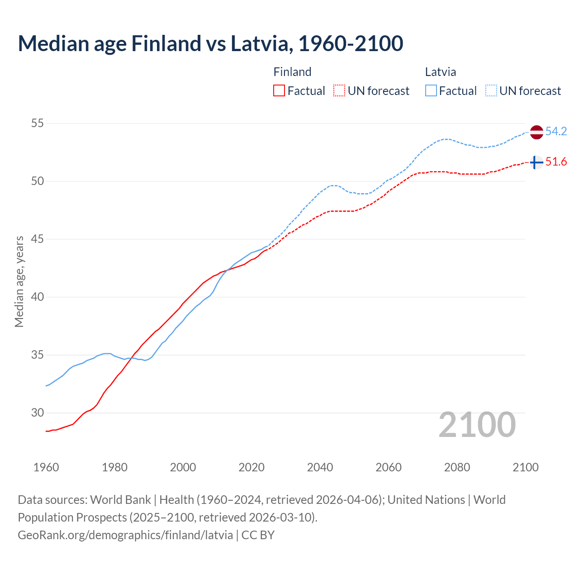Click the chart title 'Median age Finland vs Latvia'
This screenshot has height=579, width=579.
(x=210, y=44)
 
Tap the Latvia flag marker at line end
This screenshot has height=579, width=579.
(x=536, y=132)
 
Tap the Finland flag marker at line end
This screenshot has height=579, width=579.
(x=536, y=162)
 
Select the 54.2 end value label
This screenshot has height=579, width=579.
(x=556, y=132)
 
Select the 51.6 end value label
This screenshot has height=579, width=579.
(x=556, y=162)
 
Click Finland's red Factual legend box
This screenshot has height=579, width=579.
(x=279, y=91)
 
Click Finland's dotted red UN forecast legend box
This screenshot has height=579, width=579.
(x=339, y=91)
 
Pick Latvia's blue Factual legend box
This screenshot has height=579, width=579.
(x=431, y=91)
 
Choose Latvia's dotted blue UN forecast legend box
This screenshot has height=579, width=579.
(x=491, y=91)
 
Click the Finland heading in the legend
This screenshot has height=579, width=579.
(x=292, y=72)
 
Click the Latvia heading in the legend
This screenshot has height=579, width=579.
(x=440, y=72)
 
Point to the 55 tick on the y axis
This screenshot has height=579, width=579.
(x=38, y=123)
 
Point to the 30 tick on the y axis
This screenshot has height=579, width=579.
(x=38, y=413)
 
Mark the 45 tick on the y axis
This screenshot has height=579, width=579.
(x=38, y=239)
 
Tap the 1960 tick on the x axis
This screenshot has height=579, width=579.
(x=46, y=467)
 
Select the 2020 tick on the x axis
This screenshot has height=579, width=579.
(x=252, y=467)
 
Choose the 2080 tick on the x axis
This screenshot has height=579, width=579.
(x=457, y=467)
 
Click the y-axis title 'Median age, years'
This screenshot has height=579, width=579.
(x=19, y=281)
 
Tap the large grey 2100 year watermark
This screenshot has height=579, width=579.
(x=477, y=424)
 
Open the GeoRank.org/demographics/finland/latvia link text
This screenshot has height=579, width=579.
(x=125, y=535)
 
